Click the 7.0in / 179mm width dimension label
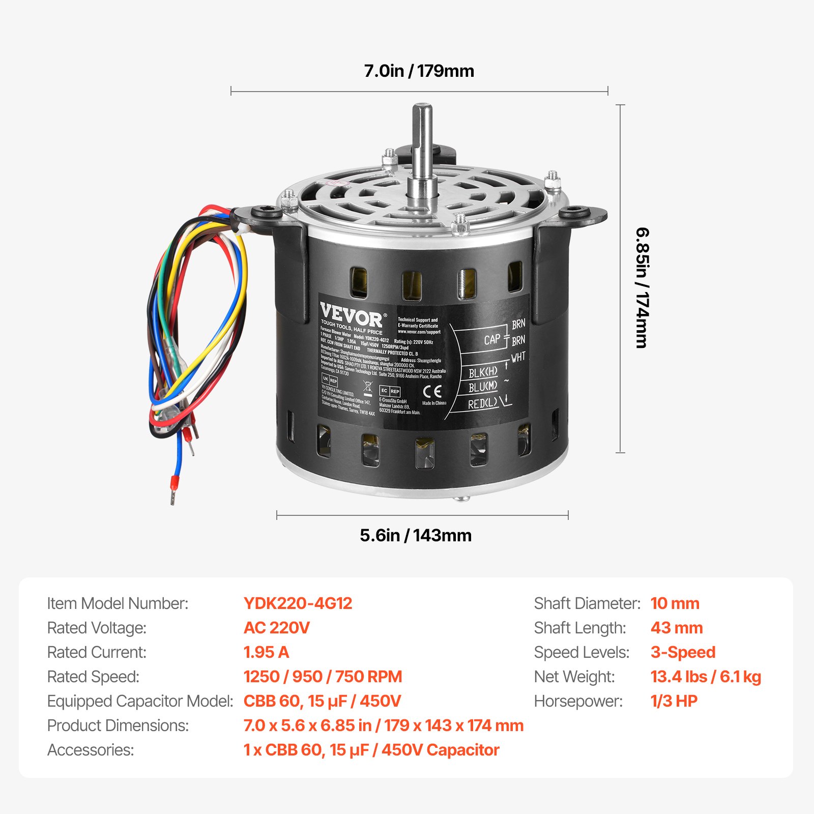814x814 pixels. tap(419, 71)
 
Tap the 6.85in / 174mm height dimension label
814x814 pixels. tap(643, 287)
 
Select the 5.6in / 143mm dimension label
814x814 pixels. tap(416, 535)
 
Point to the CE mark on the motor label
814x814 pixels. tap(432, 391)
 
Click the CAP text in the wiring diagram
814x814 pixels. tap(492, 340)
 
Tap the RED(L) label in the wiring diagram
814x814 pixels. tap(483, 404)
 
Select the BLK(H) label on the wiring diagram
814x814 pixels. tap(483, 372)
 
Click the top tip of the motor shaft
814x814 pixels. tap(422, 107)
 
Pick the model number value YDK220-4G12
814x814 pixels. tap(298, 603)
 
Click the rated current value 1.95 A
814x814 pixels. tap(266, 652)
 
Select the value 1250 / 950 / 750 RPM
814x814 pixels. tap(323, 677)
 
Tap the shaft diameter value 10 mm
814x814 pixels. tap(675, 603)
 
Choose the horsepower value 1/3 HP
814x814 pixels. tap(674, 701)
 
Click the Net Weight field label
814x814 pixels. tap(574, 677)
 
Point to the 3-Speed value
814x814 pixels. tap(683, 652)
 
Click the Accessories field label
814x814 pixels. tap(91, 750)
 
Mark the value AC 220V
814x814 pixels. tap(276, 628)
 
